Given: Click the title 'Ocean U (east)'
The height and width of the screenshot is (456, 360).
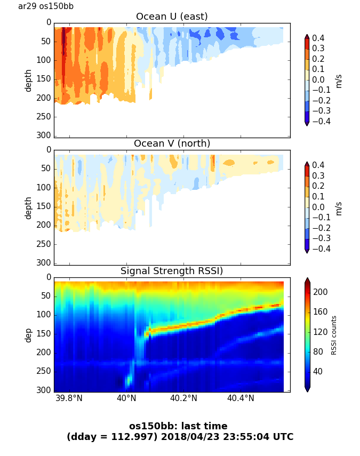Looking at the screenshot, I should tap(172, 17).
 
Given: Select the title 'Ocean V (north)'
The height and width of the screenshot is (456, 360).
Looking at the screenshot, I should tap(172, 143).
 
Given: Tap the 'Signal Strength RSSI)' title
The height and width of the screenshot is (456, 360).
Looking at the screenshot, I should tap(172, 271).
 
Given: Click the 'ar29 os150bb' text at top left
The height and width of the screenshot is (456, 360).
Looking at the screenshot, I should tap(46, 6).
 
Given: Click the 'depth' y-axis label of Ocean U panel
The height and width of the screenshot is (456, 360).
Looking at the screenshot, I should tap(28, 80).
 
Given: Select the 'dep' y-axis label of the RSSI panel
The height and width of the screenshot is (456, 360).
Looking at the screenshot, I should tap(28, 335).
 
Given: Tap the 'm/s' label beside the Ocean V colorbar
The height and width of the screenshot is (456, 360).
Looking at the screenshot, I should tap(339, 208).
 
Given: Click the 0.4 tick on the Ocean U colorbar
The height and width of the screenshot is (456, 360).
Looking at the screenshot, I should tap(319, 38).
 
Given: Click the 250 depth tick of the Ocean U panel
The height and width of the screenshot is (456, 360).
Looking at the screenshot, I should tap(45, 117).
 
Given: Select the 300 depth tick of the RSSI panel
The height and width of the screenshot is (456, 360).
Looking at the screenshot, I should tap(45, 390).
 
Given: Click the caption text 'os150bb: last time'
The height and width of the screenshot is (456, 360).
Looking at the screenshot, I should tap(178, 426).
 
